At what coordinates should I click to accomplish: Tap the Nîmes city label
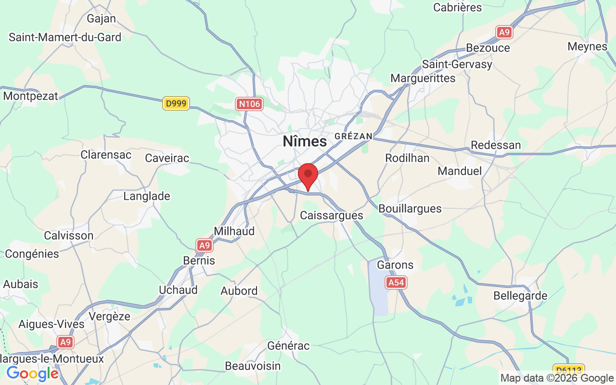click(x=305, y=141)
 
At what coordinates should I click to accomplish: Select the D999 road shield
click(x=176, y=103)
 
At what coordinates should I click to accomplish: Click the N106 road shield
click(x=249, y=103)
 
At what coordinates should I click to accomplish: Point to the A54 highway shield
click(x=396, y=282)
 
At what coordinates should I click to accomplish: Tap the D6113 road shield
click(x=568, y=370)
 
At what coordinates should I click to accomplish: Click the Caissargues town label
click(x=332, y=215)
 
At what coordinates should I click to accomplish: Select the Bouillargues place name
click(x=410, y=208)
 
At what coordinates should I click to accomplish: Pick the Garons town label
click(x=395, y=265)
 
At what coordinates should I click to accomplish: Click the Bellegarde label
click(x=520, y=295)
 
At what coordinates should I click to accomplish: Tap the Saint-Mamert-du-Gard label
click(x=65, y=37)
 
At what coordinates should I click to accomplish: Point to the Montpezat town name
click(x=30, y=96)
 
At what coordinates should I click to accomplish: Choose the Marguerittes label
click(x=423, y=78)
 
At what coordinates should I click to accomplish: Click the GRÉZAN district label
click(x=353, y=137)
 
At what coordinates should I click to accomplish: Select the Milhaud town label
click(x=234, y=231)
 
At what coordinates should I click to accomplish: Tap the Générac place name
click(x=288, y=346)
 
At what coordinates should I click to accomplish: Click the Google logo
click(x=32, y=373)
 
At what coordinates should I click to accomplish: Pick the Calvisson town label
click(x=68, y=235)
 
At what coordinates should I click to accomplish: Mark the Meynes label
click(x=587, y=47)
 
